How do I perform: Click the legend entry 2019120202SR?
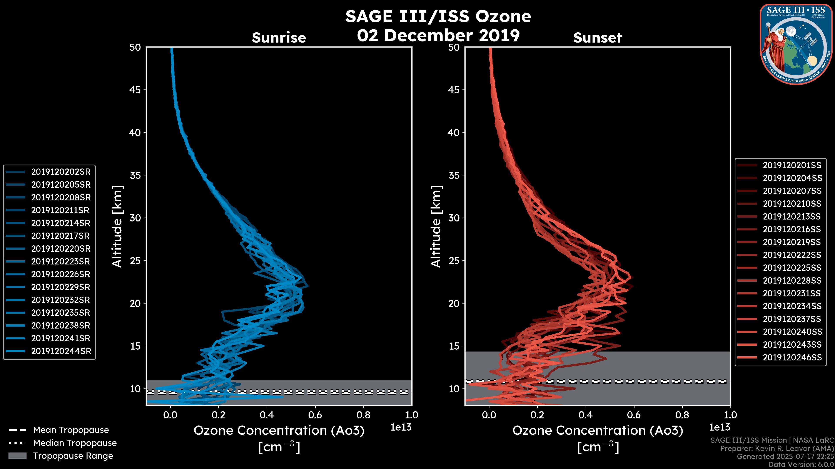[x=61, y=172]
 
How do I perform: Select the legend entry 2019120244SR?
[x=61, y=351]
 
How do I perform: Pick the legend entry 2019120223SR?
[x=61, y=261]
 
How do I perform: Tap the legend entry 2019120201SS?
[x=792, y=165]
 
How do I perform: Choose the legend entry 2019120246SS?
[x=792, y=357]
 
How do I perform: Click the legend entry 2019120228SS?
[x=792, y=281]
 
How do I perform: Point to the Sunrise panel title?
[x=279, y=38]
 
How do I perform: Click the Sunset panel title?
[x=597, y=38]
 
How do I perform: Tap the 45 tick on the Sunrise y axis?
[x=135, y=90]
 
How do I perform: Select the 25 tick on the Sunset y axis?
[x=454, y=261]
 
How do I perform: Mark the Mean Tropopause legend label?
[x=71, y=430]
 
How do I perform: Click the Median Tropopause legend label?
[x=75, y=443]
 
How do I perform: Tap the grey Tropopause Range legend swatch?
[x=17, y=456]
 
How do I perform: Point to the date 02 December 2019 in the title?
[x=438, y=35]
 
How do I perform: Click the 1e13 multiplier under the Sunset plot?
[x=720, y=427]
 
